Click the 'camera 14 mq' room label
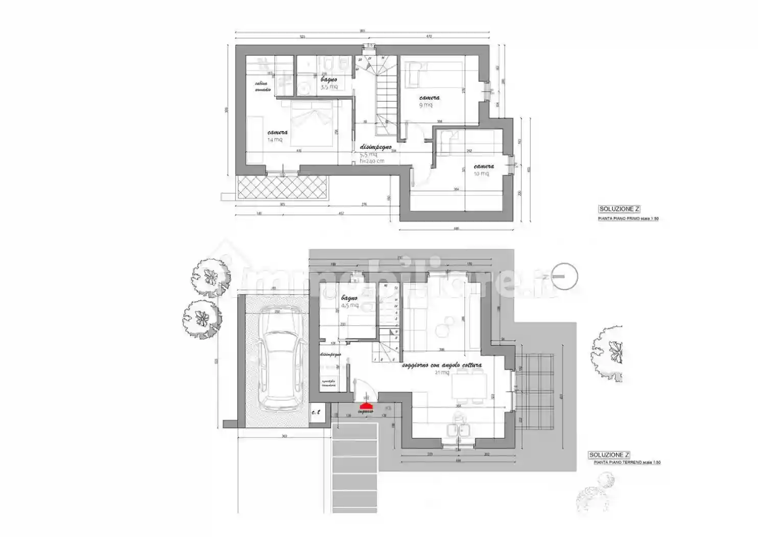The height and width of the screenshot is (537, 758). coord(277,136)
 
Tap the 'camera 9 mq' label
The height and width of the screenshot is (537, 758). coord(429,101)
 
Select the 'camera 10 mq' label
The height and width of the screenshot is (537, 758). coord(483,169)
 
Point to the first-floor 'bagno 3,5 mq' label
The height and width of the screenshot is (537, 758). coord(328,83)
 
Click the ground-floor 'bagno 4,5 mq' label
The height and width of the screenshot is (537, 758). coord(349,301)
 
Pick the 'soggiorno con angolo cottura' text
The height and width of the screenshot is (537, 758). coord(441,366)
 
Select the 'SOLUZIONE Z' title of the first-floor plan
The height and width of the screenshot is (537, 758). coord(619,209)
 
